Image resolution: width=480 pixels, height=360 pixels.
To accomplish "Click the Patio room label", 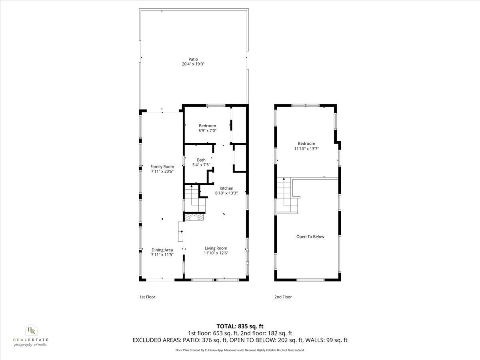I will click(x=193, y=59).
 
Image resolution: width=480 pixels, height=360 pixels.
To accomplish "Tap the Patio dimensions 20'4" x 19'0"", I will click(x=193, y=64).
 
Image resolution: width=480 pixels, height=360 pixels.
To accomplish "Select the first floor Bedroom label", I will click(x=207, y=126).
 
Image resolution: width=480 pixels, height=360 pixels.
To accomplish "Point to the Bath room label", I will click(x=201, y=160).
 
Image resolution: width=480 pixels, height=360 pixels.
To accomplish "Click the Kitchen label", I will click(x=226, y=188).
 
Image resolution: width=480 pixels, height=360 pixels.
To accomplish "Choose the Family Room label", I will click(x=162, y=167).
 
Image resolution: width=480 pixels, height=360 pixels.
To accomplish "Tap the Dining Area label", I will click(x=162, y=250).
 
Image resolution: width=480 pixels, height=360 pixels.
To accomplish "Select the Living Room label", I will click(x=216, y=248).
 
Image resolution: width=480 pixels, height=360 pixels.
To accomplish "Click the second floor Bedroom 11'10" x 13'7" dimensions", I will click(x=306, y=148).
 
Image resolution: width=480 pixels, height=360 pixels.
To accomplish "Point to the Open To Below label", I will click(x=310, y=237).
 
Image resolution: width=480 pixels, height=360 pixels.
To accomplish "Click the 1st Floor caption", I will click(x=147, y=297).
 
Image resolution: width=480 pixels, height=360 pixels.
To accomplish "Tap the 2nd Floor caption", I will click(x=283, y=297).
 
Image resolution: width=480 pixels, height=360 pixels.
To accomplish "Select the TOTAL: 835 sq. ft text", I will click(x=240, y=326).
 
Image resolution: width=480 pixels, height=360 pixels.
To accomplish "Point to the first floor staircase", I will click(x=195, y=198).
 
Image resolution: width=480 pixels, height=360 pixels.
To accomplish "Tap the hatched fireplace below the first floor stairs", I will click(x=194, y=217).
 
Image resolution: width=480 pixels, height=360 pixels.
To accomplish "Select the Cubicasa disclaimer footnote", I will click(x=240, y=350).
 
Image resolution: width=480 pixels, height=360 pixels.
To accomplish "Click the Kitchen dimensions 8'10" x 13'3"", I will click(x=226, y=193).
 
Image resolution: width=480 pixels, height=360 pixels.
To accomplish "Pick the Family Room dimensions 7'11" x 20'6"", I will click(x=162, y=172).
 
